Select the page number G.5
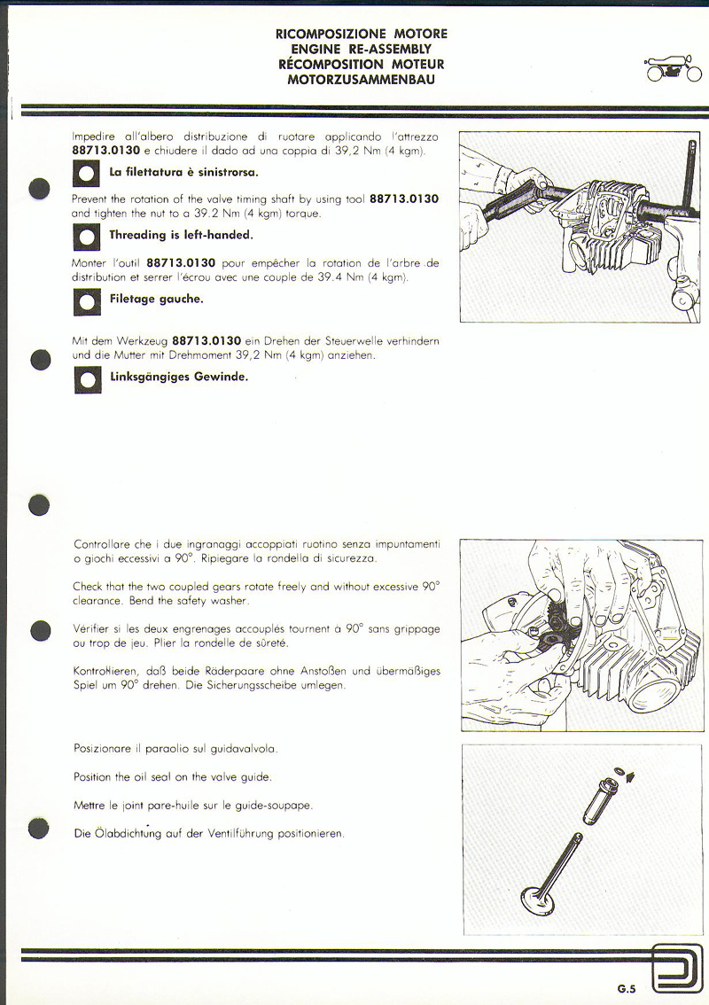click(627, 989)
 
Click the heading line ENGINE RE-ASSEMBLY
click(361, 49)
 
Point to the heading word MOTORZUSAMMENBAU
click(361, 79)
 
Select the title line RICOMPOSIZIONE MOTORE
click(361, 34)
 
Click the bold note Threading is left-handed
click(181, 235)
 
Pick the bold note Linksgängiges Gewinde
click(178, 376)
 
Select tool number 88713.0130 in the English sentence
click(403, 199)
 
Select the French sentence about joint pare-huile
click(192, 806)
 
